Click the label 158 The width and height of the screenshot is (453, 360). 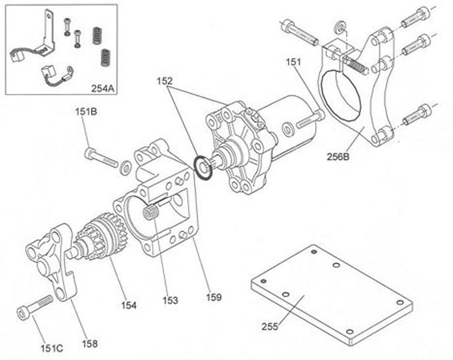[89, 344]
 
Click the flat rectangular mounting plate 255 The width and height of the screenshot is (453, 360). [326, 293]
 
